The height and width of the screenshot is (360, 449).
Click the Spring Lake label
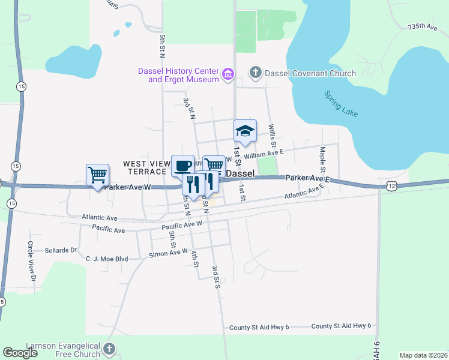click(x=341, y=104)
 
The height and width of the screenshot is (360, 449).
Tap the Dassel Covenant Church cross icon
click(x=255, y=73)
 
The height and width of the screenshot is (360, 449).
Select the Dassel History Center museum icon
click(x=228, y=75)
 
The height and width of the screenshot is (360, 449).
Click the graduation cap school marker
click(x=245, y=131)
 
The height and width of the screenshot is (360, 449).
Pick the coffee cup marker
click(x=182, y=165)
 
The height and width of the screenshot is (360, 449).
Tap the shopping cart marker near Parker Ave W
click(x=97, y=175)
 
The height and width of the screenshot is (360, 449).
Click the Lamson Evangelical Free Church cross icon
click(x=109, y=349)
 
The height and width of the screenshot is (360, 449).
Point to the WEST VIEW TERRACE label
click(x=147, y=167)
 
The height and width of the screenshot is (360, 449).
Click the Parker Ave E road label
click(x=308, y=178)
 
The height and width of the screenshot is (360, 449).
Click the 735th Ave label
click(x=423, y=27)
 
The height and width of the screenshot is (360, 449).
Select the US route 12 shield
click(x=391, y=187)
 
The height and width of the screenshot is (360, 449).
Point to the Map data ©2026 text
click(x=423, y=355)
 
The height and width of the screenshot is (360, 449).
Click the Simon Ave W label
click(x=169, y=254)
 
